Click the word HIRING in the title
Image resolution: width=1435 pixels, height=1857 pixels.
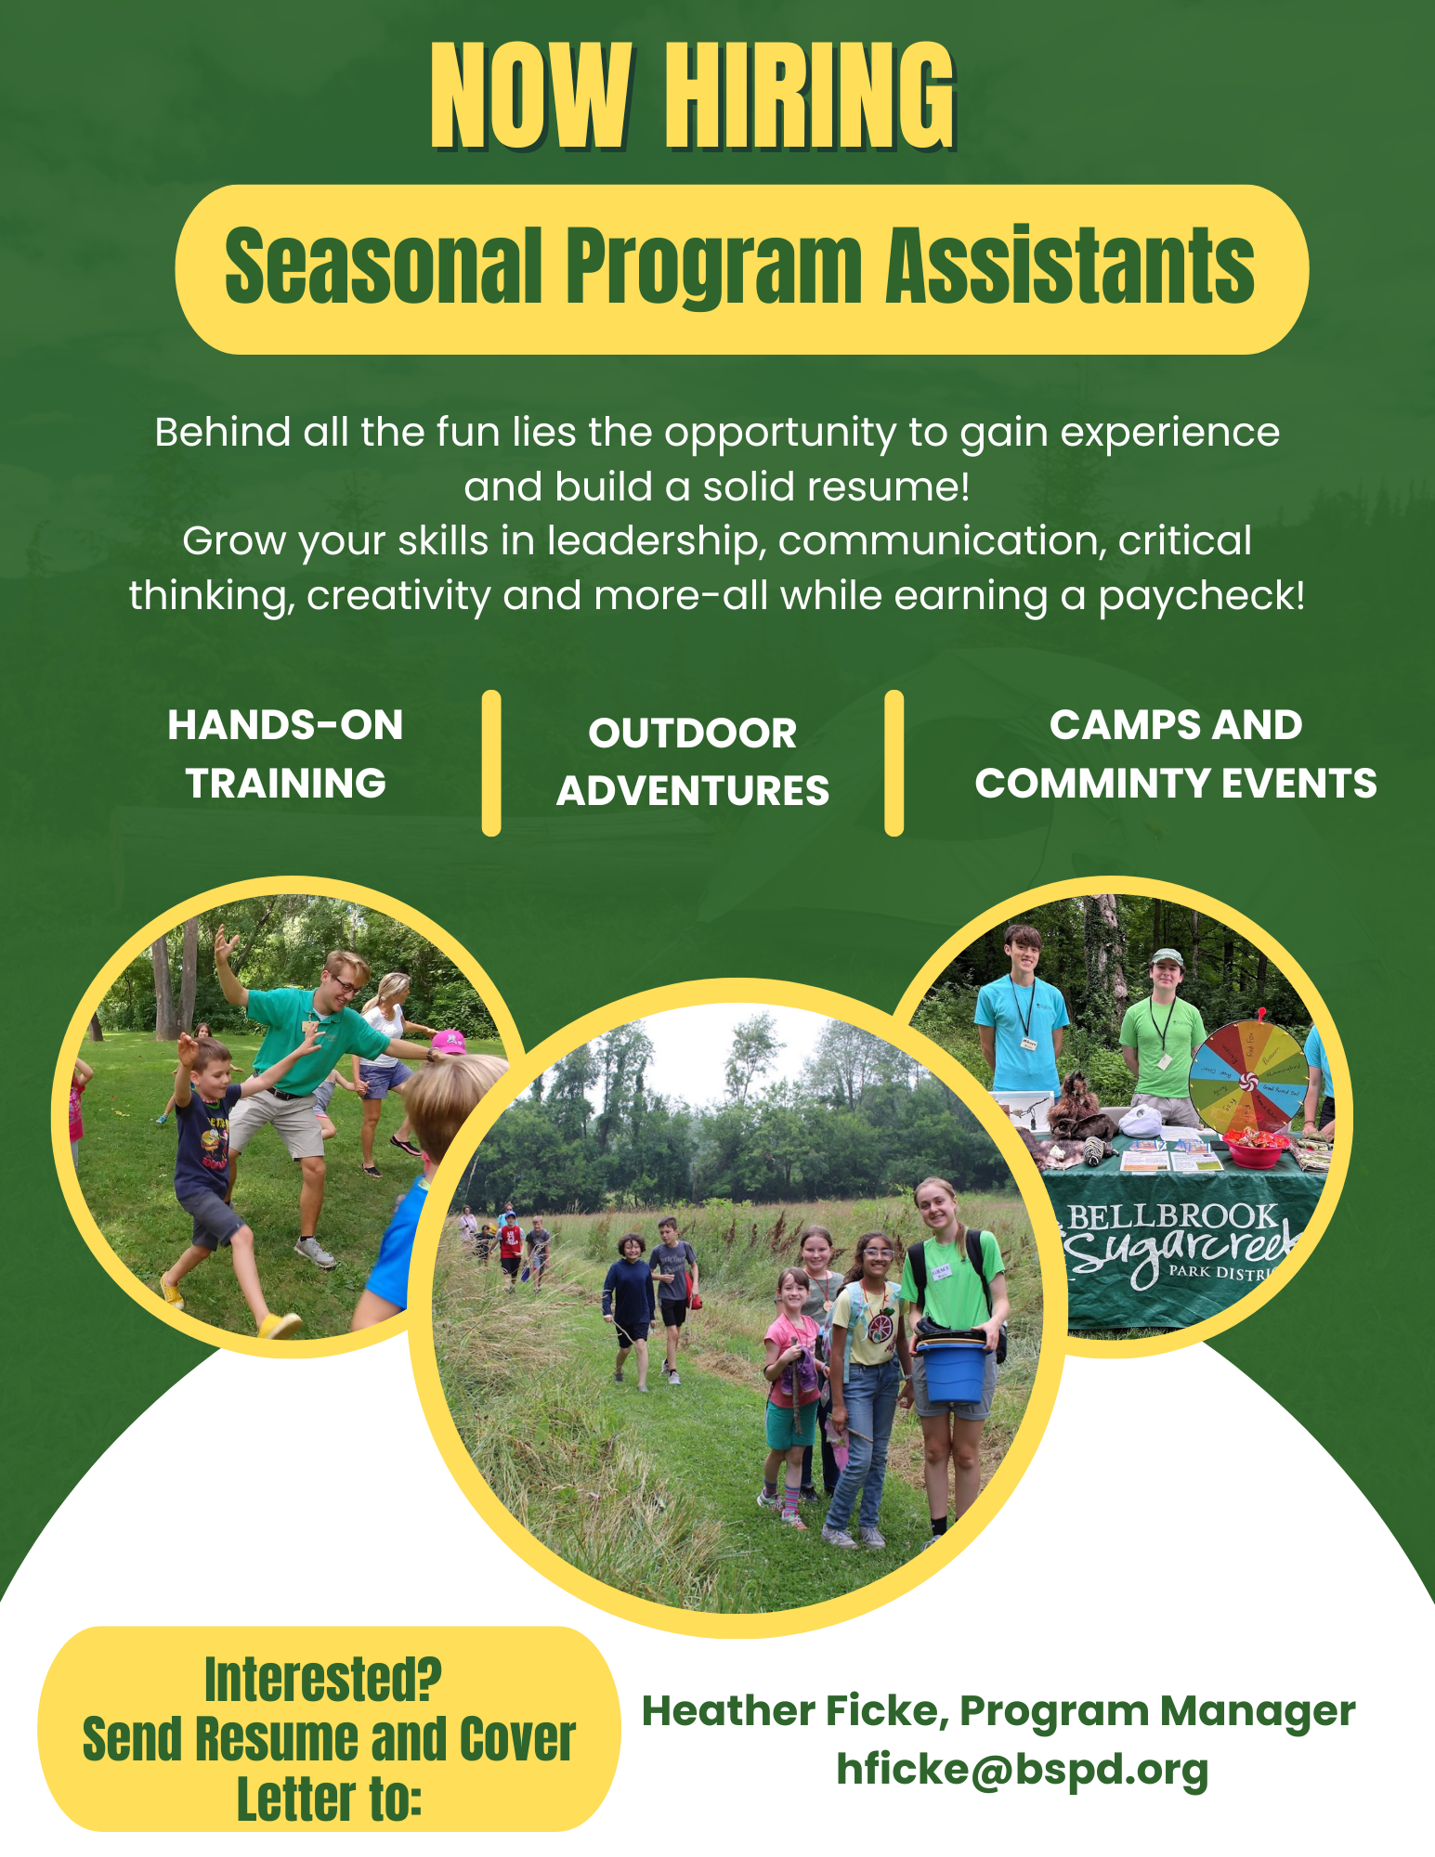tap(810, 97)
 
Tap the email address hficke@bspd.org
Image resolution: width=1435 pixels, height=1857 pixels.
tap(1023, 1770)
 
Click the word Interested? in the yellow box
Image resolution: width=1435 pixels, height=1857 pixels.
tap(323, 1680)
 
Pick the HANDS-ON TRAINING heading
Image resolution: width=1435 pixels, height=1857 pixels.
tap(285, 754)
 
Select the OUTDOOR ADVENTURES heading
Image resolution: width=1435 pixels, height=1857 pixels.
tap(693, 761)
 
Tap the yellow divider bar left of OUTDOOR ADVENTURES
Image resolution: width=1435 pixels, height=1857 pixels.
tap(491, 762)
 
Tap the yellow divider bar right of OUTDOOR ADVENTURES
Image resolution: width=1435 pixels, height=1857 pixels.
tap(894, 762)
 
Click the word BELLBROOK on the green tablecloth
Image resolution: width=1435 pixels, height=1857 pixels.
tap(1173, 1216)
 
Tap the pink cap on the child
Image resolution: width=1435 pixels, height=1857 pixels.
tap(449, 1042)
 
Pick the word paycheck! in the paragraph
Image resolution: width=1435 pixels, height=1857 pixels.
tap(1202, 596)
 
